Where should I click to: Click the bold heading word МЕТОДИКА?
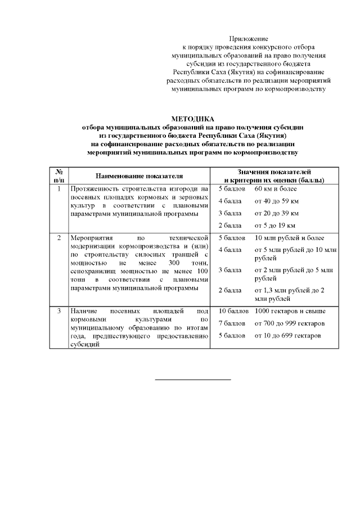[x=192, y=119]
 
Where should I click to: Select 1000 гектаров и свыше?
[x=290, y=311]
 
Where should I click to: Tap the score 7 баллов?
[x=231, y=323]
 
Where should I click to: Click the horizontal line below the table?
[x=193, y=380]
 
